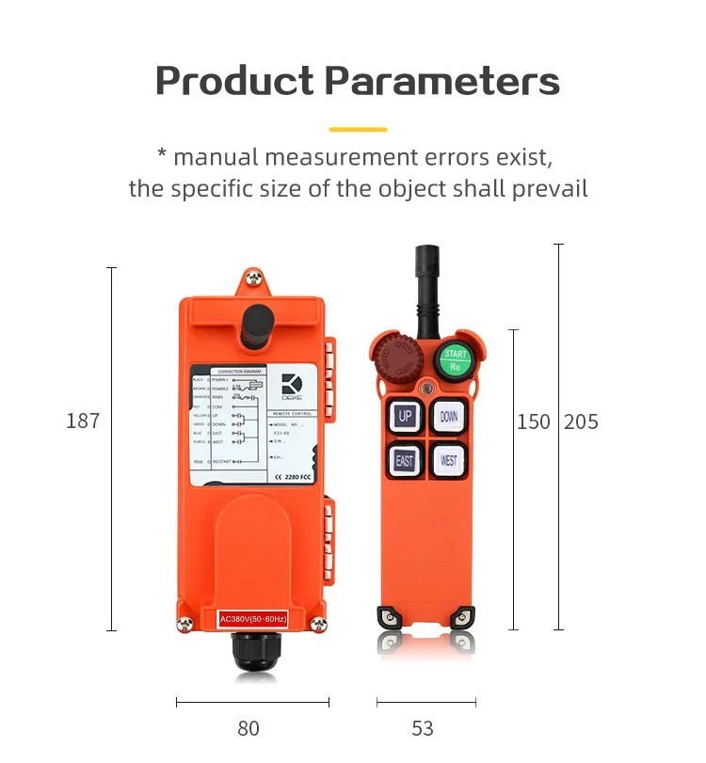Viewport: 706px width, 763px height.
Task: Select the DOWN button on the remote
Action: [449, 417]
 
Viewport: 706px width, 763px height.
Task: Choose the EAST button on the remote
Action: [405, 460]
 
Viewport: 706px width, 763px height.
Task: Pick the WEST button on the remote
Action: [449, 460]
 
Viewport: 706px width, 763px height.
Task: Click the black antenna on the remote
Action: [427, 282]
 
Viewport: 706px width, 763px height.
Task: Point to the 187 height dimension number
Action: [83, 421]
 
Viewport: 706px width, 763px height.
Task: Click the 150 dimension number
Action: [534, 421]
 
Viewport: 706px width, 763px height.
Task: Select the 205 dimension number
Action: [581, 421]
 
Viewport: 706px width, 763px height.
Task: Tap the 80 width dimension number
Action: [249, 728]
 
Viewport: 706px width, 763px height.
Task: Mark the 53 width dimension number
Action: [423, 728]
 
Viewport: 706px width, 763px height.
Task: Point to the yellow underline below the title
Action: [358, 129]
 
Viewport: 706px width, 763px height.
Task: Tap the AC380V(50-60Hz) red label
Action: [252, 618]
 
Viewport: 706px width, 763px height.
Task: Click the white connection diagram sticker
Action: [254, 425]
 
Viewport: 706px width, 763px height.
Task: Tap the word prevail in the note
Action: [550, 188]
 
